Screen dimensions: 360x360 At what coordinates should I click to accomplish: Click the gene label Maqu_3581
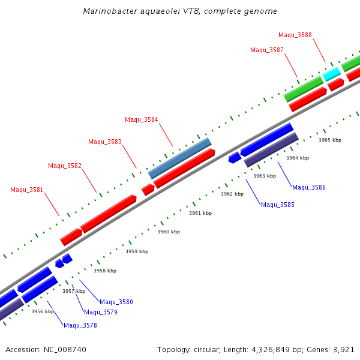pyautogui.click(x=27, y=190)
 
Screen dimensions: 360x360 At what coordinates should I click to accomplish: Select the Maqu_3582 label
pyautogui.click(x=65, y=166)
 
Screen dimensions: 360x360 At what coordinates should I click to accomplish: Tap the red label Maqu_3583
pyautogui.click(x=105, y=142)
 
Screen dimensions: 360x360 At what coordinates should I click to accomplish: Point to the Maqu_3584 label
pyautogui.click(x=142, y=119)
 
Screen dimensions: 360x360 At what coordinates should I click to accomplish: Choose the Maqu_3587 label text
pyautogui.click(x=267, y=50)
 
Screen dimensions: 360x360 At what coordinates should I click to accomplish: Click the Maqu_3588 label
pyautogui.click(x=295, y=35)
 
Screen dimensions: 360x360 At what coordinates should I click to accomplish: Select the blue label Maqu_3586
pyautogui.click(x=309, y=188)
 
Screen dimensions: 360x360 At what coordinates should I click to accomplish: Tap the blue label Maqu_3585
pyautogui.click(x=278, y=205)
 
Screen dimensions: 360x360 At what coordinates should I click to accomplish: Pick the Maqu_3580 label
pyautogui.click(x=116, y=302)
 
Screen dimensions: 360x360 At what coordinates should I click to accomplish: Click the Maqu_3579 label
pyautogui.click(x=101, y=312)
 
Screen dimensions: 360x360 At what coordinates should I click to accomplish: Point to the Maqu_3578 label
pyautogui.click(x=80, y=325)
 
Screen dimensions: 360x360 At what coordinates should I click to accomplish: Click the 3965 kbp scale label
pyautogui.click(x=330, y=140)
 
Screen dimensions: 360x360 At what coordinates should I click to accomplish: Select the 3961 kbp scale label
pyautogui.click(x=200, y=213)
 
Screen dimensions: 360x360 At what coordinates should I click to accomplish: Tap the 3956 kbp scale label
pyautogui.click(x=43, y=311)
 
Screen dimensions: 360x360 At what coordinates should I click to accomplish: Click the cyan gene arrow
pyautogui.click(x=332, y=74)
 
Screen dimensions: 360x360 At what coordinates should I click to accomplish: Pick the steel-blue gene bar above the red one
pyautogui.click(x=179, y=158)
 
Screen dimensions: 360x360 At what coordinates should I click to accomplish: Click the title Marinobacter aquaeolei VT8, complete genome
pyautogui.click(x=180, y=11)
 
